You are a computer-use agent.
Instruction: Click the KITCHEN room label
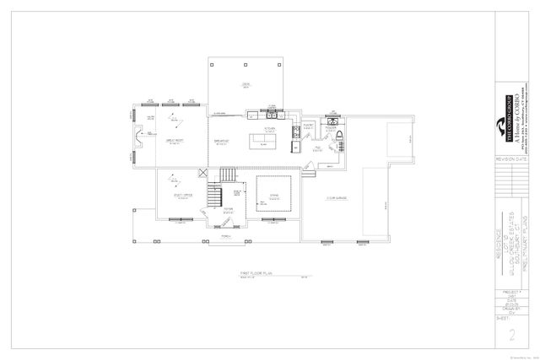pyautogui.click(x=269, y=128)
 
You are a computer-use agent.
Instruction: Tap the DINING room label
pyautogui.click(x=273, y=197)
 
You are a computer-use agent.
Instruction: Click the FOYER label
pyautogui.click(x=228, y=211)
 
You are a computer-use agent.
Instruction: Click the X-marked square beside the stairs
pyautogui.click(x=202, y=174)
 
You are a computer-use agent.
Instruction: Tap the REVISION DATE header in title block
pyautogui.click(x=511, y=159)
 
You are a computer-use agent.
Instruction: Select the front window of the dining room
pyautogui.click(x=273, y=222)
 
